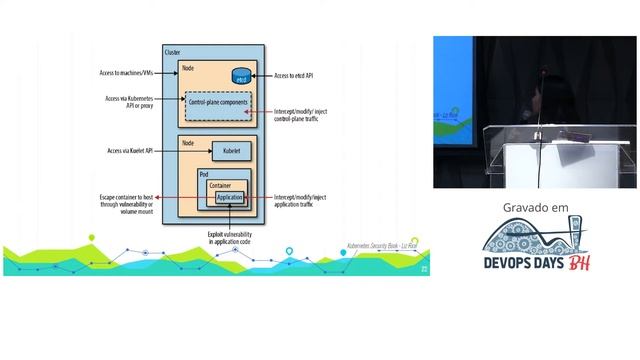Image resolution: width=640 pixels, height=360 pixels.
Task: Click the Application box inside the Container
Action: [230, 198]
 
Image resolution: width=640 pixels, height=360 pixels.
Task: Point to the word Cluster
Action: [172, 51]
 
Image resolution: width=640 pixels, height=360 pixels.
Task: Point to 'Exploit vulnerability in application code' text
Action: [231, 240]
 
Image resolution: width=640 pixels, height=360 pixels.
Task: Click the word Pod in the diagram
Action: [205, 174]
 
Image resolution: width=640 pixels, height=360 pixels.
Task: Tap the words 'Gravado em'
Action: [535, 208]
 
